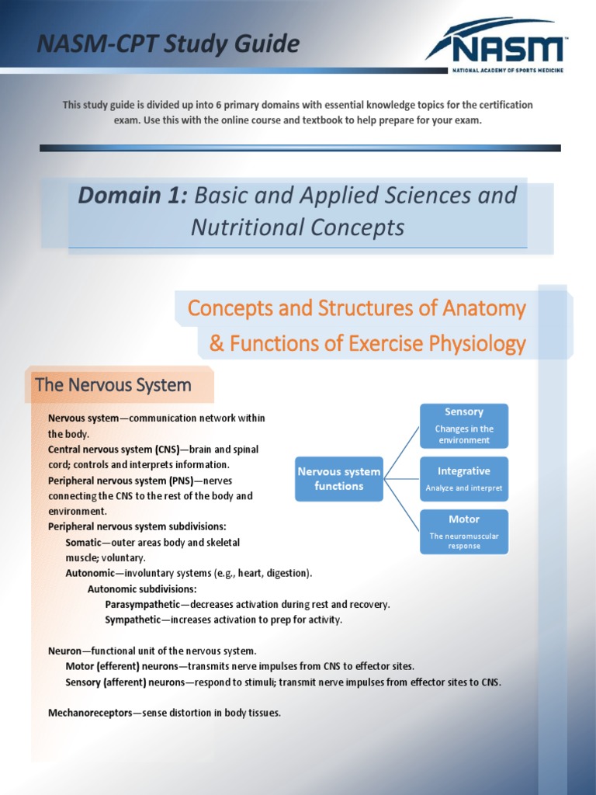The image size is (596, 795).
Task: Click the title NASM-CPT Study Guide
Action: pos(168,44)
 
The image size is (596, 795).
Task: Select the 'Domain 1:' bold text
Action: pos(132,196)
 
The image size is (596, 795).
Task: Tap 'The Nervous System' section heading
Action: pos(113,385)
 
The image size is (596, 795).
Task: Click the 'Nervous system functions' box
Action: pos(339,479)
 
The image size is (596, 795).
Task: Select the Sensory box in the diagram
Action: pos(464,425)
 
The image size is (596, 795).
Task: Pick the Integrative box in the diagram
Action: pos(464,479)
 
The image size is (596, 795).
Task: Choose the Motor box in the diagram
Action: pos(464,532)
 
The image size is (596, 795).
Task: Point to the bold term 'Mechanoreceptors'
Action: pos(90,713)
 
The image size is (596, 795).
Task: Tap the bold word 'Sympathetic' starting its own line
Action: pos(132,620)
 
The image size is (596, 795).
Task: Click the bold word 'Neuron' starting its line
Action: pos(64,651)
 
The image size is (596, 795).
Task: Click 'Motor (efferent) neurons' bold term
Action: pos(122,666)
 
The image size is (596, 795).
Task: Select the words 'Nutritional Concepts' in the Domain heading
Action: pos(298,227)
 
